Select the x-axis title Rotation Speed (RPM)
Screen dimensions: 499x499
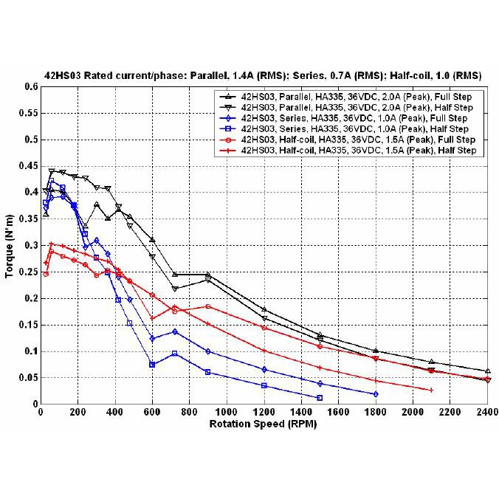[264, 424]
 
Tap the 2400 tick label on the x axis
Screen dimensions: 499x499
[487, 412]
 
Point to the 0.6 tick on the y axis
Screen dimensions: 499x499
[30, 86]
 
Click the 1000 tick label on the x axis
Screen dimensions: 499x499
[227, 412]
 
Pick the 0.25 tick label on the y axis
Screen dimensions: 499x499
[28, 272]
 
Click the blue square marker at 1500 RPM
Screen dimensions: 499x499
[320, 398]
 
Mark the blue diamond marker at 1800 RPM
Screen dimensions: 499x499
[376, 394]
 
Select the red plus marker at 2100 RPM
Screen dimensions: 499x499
[431, 390]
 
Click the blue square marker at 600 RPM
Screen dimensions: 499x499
[152, 365]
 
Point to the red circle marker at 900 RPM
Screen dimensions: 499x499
[208, 306]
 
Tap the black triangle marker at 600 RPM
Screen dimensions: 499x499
[152, 239]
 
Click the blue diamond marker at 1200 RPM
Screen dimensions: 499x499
[264, 369]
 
